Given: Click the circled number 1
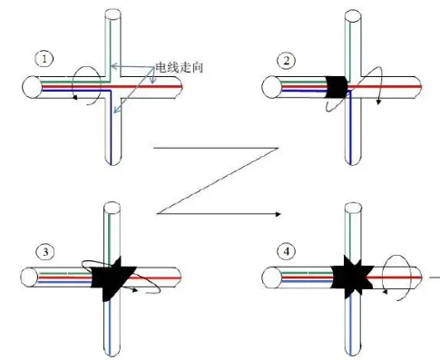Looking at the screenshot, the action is [44, 59].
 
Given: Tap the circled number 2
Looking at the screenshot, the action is [286, 61].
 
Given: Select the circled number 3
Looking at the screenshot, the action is [45, 252].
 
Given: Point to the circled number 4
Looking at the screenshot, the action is [287, 251].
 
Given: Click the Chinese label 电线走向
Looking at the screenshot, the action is [179, 67].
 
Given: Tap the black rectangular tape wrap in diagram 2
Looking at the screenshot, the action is [337, 87].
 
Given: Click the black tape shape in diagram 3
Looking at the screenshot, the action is [112, 278].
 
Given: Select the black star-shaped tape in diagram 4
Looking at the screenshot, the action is [352, 277].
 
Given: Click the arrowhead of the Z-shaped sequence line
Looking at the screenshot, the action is [278, 214].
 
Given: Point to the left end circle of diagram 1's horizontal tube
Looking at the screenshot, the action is [32, 87].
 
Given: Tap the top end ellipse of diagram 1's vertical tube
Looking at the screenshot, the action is [112, 14].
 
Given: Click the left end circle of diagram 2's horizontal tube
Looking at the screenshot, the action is [272, 87].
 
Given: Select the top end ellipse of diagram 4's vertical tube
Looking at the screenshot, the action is [353, 208].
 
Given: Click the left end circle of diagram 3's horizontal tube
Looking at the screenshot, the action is [30, 277].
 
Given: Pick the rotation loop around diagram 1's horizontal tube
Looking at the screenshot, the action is [86, 85].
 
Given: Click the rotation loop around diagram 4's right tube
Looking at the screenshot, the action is [396, 277].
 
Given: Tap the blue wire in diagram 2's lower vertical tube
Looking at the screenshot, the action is [350, 129].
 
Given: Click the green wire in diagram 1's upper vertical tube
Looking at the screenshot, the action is [111, 45].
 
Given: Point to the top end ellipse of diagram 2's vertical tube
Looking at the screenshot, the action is [353, 15].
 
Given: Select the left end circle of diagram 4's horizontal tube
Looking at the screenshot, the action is [271, 277].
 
